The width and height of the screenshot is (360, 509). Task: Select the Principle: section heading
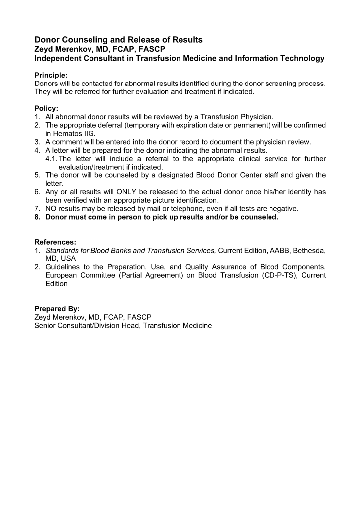(51, 75)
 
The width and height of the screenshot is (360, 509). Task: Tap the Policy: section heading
(46, 108)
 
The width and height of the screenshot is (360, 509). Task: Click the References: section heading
(55, 242)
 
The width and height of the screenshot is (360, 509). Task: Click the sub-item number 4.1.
(51, 159)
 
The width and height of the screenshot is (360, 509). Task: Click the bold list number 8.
(37, 217)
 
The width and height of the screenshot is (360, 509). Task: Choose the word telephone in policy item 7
(179, 209)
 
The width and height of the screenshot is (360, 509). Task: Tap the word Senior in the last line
(46, 325)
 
